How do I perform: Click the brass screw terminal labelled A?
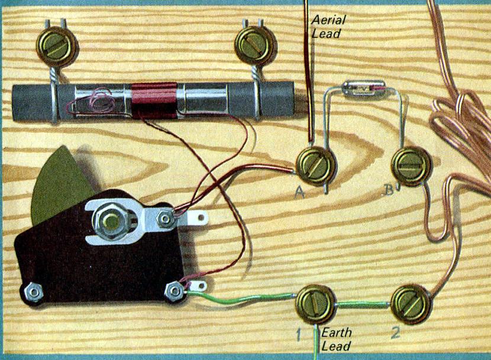[x=316, y=167]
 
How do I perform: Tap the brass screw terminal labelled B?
[x=411, y=166]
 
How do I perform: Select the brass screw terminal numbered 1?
[x=316, y=304]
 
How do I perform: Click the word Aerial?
[x=328, y=21]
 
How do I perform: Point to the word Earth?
[x=337, y=332]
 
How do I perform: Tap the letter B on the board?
[x=388, y=190]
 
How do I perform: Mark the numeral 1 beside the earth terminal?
[x=299, y=335]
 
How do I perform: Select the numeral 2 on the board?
[x=395, y=333]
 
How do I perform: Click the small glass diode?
[x=364, y=87]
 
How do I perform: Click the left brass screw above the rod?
[x=56, y=46]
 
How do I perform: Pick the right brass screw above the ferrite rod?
[x=255, y=46]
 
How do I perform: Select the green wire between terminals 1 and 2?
[x=363, y=304]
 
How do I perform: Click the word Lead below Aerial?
[x=326, y=34]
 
